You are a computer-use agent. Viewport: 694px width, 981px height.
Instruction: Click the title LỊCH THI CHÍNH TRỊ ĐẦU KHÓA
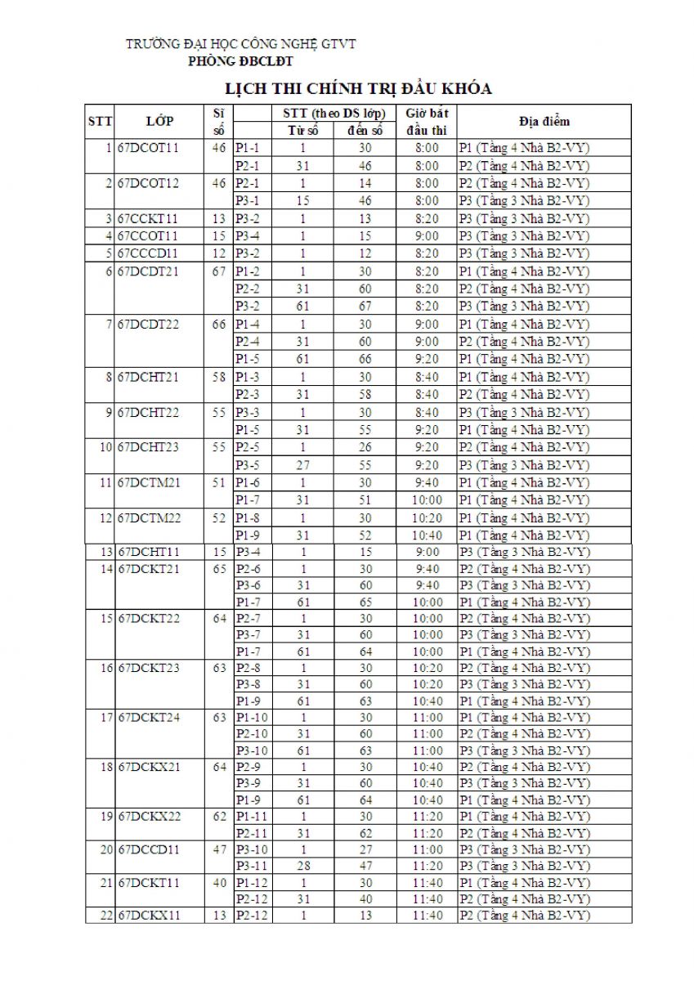pos(358,88)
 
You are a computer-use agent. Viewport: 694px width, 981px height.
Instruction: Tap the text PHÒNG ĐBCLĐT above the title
pos(241,61)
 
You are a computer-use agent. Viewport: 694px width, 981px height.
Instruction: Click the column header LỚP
pos(159,122)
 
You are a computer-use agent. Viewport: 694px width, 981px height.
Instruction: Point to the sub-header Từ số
pos(302,131)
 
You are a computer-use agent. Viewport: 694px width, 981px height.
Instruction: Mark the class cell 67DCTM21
pos(150,482)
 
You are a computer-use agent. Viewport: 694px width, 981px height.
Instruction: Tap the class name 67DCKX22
pos(150,817)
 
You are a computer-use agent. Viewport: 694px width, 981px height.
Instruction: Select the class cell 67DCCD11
pos(149,849)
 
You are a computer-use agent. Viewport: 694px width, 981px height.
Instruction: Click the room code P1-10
pos(251,718)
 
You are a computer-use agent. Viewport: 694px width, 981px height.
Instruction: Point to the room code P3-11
pos(251,866)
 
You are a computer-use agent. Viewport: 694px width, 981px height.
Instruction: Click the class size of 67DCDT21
pos(218,271)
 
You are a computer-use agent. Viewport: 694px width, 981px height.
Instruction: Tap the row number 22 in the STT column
pos(105,916)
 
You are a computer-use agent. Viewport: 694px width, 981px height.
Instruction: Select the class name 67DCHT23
pos(149,447)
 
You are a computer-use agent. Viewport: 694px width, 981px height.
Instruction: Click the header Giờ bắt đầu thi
pos(427,122)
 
